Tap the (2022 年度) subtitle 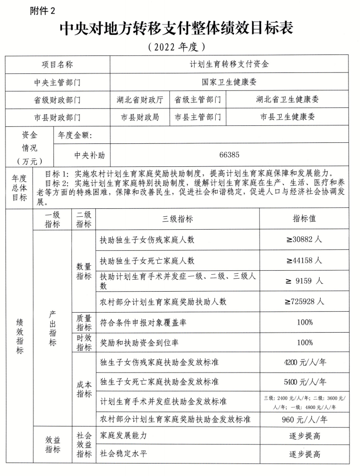click(177, 48)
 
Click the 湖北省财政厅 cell click(139, 99)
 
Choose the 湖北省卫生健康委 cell click(287, 99)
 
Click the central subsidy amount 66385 click(229, 155)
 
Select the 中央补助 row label click(90, 155)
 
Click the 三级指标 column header click(177, 219)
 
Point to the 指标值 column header click(304, 219)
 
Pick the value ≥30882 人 click(304, 240)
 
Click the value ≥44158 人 click(304, 261)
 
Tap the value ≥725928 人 click(304, 302)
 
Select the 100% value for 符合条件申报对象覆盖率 click(304, 323)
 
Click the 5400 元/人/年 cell click(304, 382)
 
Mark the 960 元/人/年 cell click(304, 420)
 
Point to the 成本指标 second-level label click(84, 389)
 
